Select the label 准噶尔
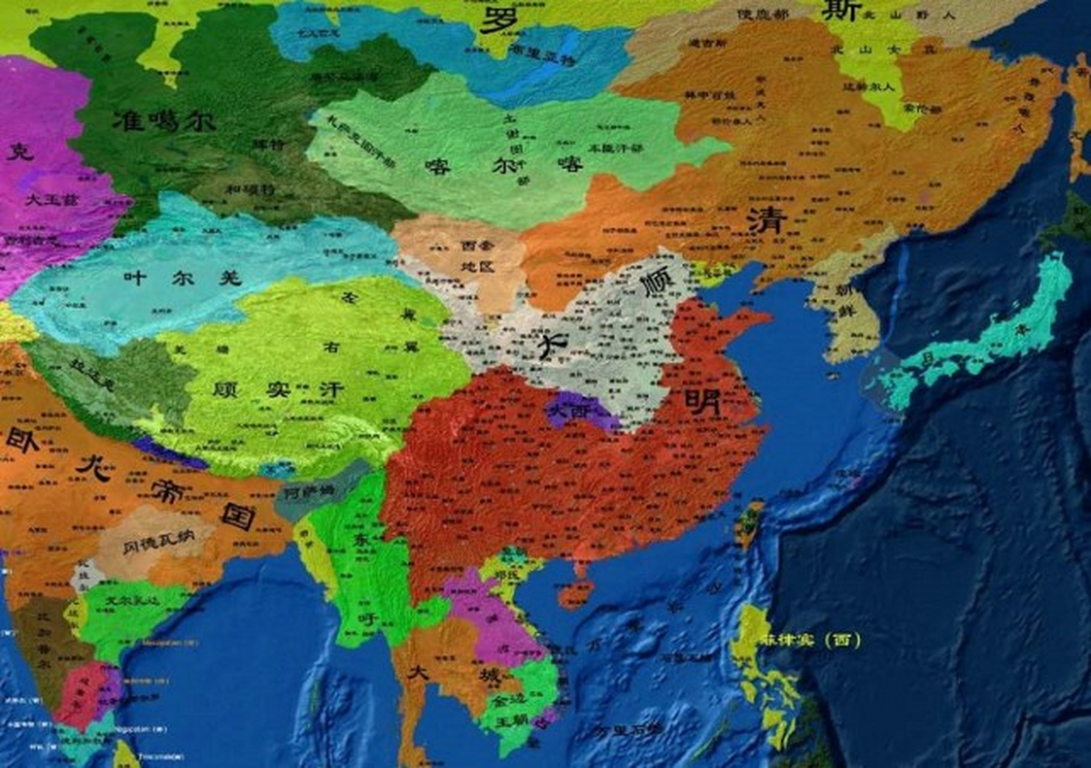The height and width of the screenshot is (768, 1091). coord(164,121)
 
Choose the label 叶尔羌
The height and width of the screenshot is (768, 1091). coord(182,278)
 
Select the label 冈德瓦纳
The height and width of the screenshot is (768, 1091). coord(158,544)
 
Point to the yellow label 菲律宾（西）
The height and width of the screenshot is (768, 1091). coord(810,640)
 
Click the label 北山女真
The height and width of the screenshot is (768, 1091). coord(882,49)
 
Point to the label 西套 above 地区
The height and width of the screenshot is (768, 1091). coord(477,245)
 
